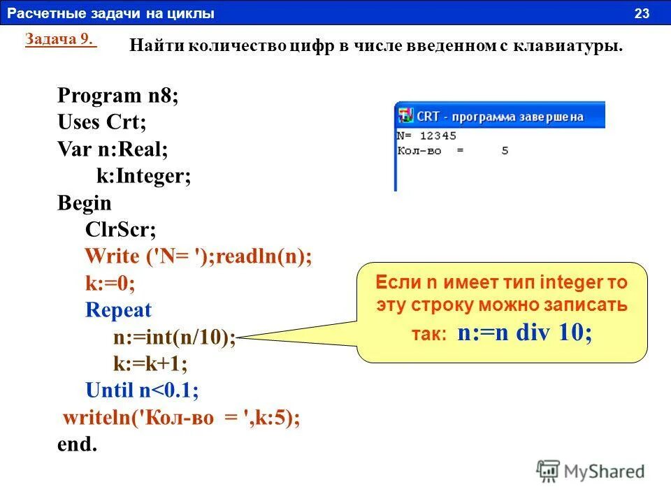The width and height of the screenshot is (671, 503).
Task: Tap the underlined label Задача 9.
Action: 60,39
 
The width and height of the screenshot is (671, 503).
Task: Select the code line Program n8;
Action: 118,96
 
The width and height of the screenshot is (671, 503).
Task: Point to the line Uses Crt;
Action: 102,123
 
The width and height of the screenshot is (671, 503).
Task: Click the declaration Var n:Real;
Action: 113,150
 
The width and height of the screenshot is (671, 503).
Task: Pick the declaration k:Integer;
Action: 143,176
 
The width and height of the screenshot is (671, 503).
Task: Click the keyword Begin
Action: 85,203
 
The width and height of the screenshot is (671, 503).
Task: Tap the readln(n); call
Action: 264,256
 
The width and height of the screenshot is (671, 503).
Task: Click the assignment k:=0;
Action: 110,284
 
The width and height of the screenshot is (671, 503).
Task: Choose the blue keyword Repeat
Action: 118,310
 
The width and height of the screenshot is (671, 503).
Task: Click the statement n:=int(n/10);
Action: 175,337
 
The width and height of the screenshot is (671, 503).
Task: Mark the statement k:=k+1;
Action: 150,364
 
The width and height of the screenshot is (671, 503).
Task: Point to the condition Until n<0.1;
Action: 142,391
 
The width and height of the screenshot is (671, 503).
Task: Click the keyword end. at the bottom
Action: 77,444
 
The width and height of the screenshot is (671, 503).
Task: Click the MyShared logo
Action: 591,471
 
